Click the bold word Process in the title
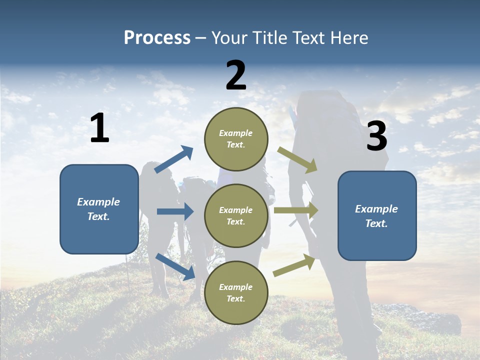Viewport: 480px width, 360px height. click(x=157, y=37)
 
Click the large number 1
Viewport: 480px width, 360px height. click(x=99, y=128)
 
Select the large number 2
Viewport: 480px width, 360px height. click(x=236, y=75)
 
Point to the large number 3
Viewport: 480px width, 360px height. click(x=376, y=136)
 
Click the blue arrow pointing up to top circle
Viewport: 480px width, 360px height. click(x=174, y=159)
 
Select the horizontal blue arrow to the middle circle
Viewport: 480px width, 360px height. click(x=175, y=211)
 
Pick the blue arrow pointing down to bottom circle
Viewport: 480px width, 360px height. click(x=175, y=266)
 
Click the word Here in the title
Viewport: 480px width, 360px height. click(x=349, y=37)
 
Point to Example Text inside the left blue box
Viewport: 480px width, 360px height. click(x=98, y=209)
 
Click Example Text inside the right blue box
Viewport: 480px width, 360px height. click(x=376, y=216)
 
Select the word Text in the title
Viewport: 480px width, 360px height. click(x=309, y=37)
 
